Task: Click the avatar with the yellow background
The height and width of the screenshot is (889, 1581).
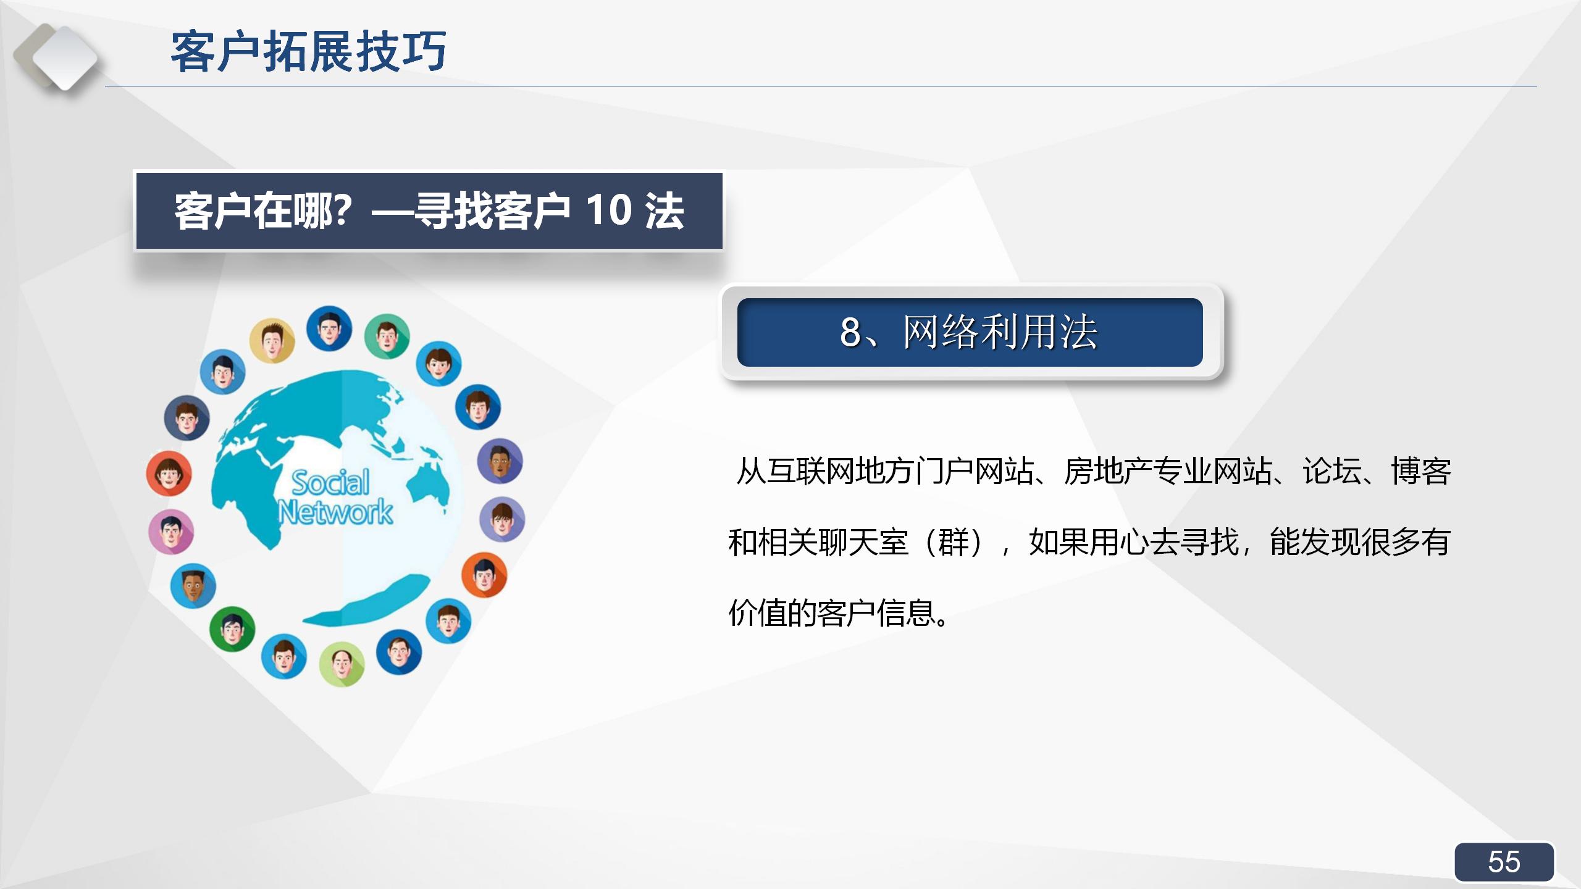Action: tap(272, 341)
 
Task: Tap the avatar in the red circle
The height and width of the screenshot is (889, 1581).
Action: tap(169, 474)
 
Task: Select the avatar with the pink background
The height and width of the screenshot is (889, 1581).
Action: tap(171, 532)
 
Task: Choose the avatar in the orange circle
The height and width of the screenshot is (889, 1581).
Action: tap(484, 575)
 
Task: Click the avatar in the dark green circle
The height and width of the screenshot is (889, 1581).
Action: tap(232, 629)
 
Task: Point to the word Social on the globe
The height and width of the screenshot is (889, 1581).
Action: tap(330, 482)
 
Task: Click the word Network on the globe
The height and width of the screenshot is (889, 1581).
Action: tap(335, 512)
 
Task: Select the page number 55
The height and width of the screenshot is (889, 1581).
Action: tap(1504, 862)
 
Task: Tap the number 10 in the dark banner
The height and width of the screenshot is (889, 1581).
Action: tap(608, 211)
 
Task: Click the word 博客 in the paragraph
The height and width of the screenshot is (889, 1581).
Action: tap(1420, 472)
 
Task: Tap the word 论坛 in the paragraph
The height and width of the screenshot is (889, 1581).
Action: tap(1331, 472)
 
